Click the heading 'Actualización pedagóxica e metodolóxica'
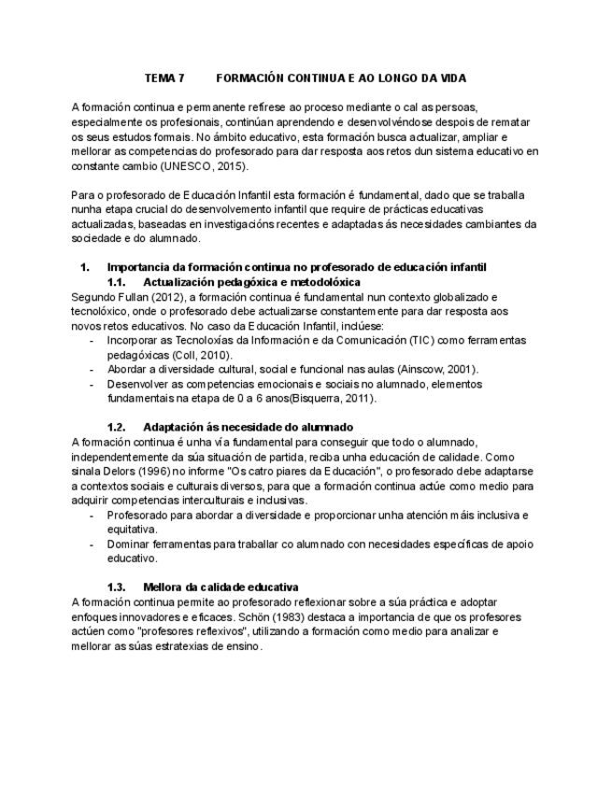251,282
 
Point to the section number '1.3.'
117,587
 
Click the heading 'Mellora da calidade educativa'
221,587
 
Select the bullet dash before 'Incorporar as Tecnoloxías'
92,340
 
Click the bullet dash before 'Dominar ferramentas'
92,544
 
